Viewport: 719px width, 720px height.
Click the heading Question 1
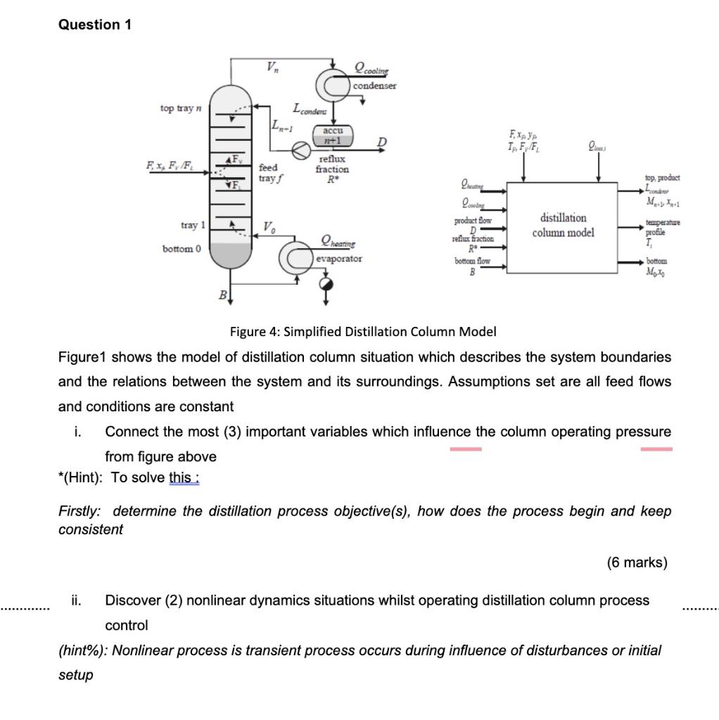[x=95, y=25]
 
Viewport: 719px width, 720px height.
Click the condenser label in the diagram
[x=374, y=86]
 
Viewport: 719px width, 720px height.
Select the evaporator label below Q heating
[x=339, y=259]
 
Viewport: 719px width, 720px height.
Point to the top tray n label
[x=181, y=108]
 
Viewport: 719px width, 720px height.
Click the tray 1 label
[x=193, y=225]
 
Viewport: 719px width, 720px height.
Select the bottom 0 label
[x=182, y=249]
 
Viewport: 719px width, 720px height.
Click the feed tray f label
[x=268, y=173]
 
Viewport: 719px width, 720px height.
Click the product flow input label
[x=472, y=221]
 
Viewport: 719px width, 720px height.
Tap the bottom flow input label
[x=472, y=262]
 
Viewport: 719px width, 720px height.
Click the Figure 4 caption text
[x=363, y=331]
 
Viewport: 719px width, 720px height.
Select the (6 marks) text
[x=637, y=562]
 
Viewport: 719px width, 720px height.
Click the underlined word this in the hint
[x=182, y=478]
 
